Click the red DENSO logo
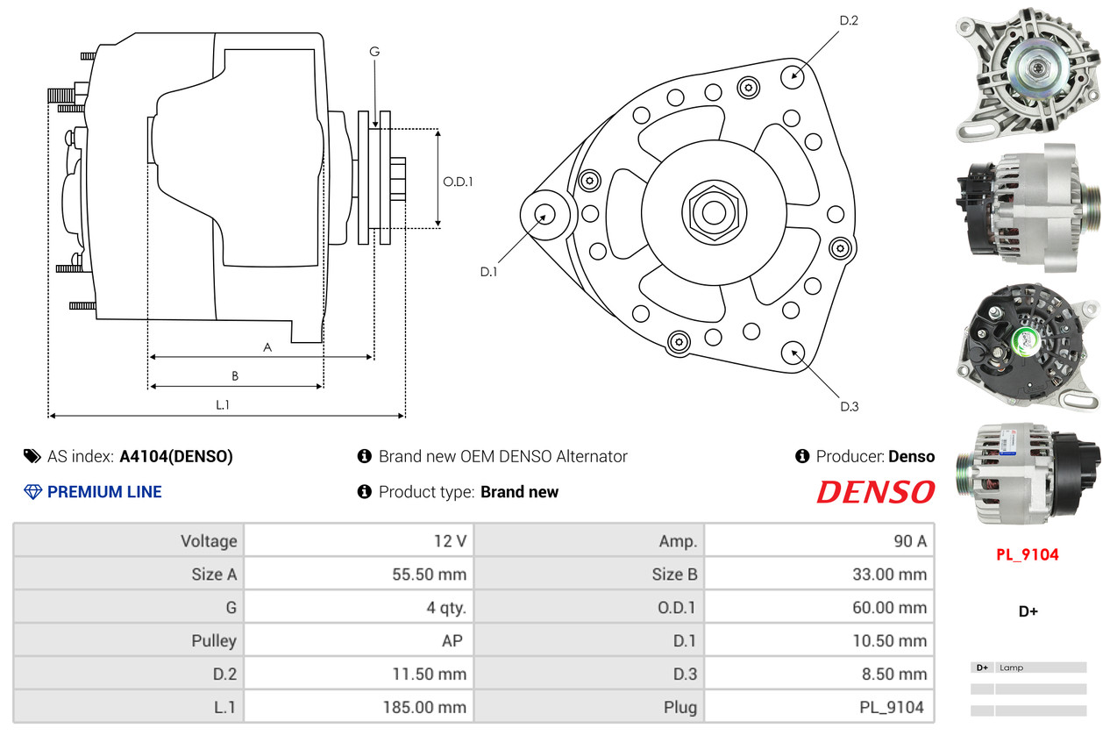pos(876,492)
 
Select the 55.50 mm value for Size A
pos(429,574)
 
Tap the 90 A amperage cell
pos(910,540)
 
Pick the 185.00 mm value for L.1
pos(424,707)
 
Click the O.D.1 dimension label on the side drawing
pos(458,182)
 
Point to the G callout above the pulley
pos(374,52)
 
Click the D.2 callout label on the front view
pos(849,20)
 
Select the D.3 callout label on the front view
pos(850,406)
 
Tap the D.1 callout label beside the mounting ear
pos(488,272)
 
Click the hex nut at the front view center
pos(714,213)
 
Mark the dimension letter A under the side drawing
pos(267,347)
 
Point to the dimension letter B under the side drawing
pos(235,376)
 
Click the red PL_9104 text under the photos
pos(1028,554)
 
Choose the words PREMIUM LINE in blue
pos(104,492)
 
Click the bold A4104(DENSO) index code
pos(176,456)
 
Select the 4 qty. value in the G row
pos(446,607)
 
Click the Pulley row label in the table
pos(214,640)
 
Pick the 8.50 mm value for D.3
pos(894,674)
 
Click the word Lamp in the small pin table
pos(1012,667)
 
